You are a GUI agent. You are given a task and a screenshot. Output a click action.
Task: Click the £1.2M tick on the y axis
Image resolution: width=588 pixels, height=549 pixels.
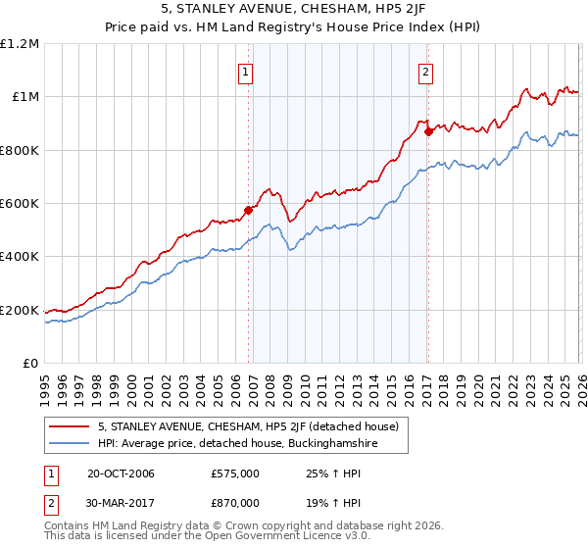point(22,43)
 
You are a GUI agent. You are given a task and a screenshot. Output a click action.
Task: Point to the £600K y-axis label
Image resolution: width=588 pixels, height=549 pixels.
point(22,204)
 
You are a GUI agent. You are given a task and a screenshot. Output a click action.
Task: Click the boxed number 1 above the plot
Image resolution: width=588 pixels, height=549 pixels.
point(245,71)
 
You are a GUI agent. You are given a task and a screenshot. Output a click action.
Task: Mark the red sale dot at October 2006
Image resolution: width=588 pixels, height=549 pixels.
point(249,210)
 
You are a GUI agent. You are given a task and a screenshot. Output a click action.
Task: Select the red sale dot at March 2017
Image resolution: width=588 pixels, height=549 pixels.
point(428,131)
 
